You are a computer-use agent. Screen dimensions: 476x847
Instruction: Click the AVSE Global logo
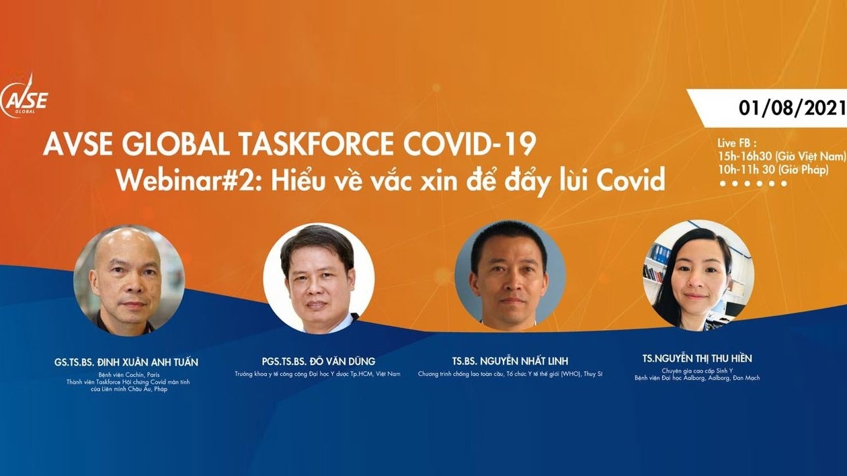25,97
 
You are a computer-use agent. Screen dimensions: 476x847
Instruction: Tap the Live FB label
737,143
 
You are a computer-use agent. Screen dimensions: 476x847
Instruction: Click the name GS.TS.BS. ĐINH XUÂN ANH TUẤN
126,362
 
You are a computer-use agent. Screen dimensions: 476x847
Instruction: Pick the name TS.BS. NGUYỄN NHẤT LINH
510,362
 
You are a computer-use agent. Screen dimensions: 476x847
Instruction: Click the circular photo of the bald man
128,280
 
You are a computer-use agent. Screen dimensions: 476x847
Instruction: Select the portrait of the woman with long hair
698,276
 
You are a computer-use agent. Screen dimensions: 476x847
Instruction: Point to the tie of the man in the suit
319,325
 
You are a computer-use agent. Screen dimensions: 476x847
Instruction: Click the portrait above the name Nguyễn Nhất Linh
510,276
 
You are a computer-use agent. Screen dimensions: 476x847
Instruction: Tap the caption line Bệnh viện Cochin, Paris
126,374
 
